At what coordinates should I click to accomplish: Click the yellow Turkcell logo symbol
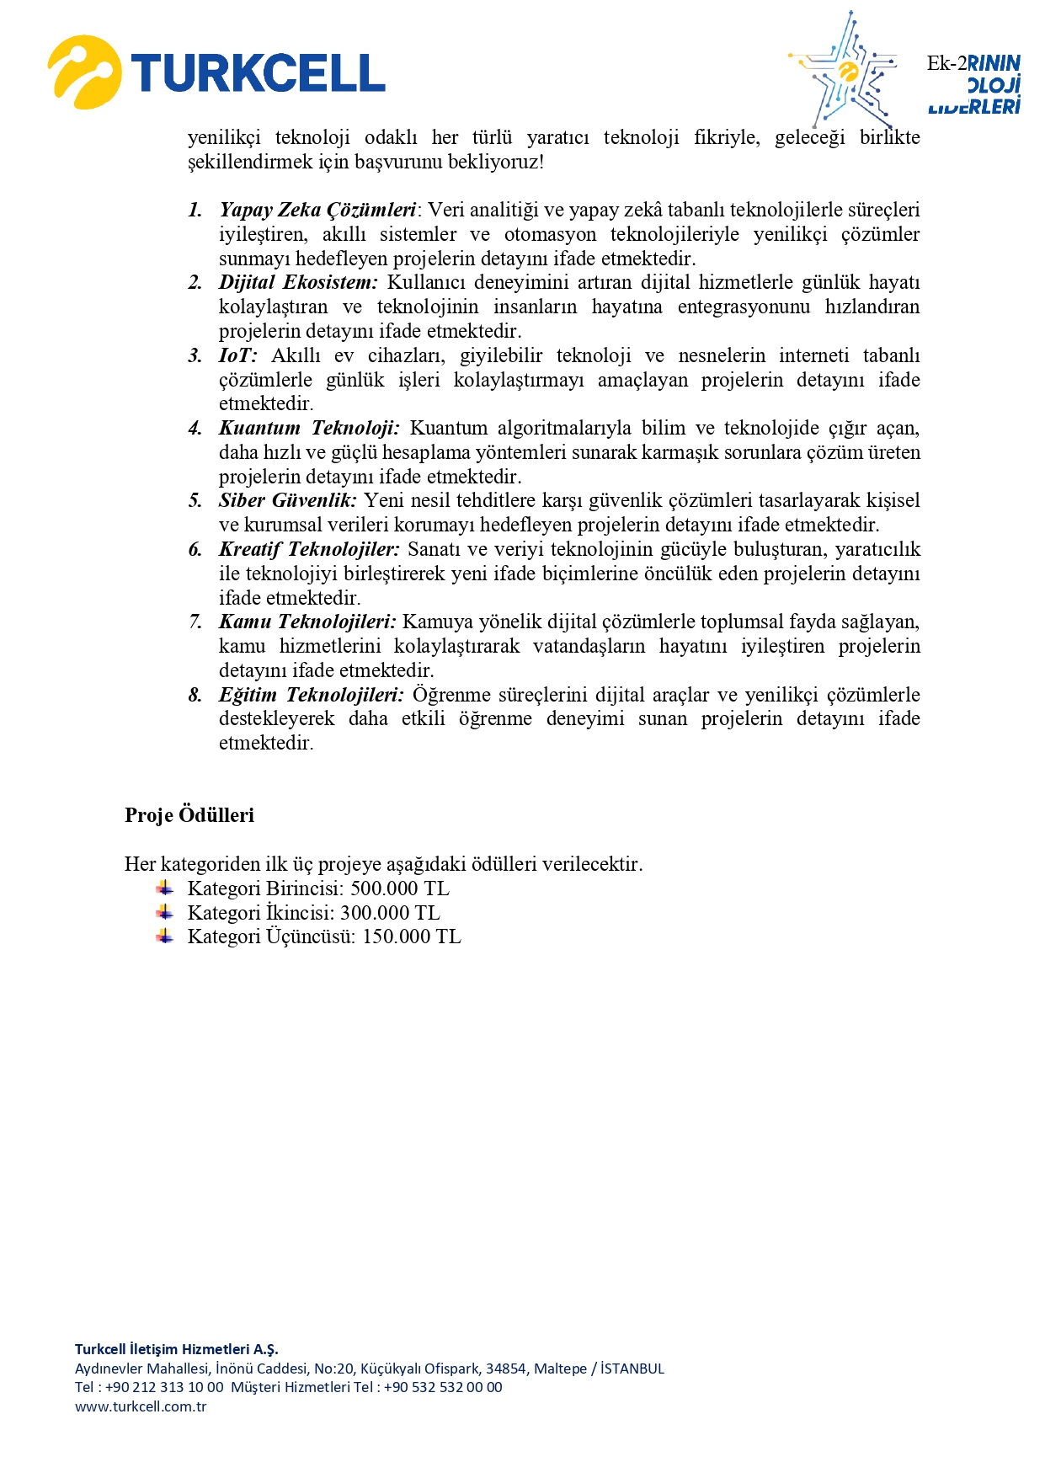[x=83, y=72]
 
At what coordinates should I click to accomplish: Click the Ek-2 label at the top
[x=946, y=63]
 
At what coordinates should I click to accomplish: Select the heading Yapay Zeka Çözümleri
[x=317, y=211]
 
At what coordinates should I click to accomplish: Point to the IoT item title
[x=237, y=356]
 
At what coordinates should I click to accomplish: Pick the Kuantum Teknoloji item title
[x=309, y=429]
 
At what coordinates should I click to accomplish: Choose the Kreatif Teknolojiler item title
[x=309, y=550]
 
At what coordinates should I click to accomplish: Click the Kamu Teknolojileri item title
[x=307, y=622]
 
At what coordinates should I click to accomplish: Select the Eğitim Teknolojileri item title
[x=312, y=696]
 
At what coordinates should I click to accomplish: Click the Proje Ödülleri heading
[x=189, y=815]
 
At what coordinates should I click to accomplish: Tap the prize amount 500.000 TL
[x=400, y=889]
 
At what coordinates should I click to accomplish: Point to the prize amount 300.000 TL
[x=390, y=914]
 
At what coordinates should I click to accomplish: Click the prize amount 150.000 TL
[x=412, y=937]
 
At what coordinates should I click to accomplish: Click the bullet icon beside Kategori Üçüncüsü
[x=165, y=936]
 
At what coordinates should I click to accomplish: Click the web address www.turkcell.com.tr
[x=141, y=1406]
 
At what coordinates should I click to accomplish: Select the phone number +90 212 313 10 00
[x=164, y=1387]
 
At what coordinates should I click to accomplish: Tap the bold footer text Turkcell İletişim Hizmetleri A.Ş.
[x=176, y=1349]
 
